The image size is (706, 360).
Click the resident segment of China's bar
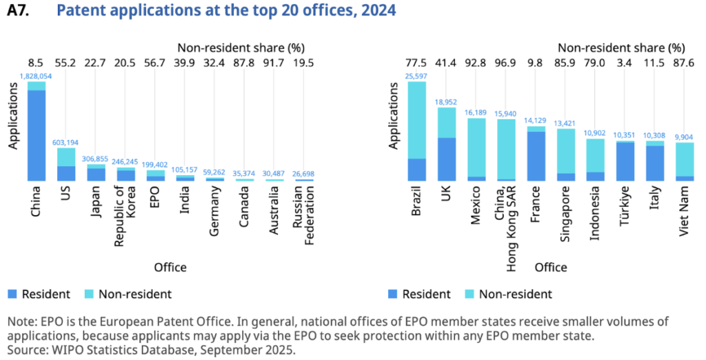[37, 135]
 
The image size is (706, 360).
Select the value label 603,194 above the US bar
[66, 142]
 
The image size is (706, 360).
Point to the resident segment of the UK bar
[447, 159]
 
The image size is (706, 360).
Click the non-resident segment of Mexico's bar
[476, 147]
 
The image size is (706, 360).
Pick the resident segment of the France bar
[536, 156]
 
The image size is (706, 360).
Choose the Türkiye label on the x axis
[625, 206]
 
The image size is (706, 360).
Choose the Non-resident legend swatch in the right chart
[472, 294]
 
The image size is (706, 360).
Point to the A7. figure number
[19, 10]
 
